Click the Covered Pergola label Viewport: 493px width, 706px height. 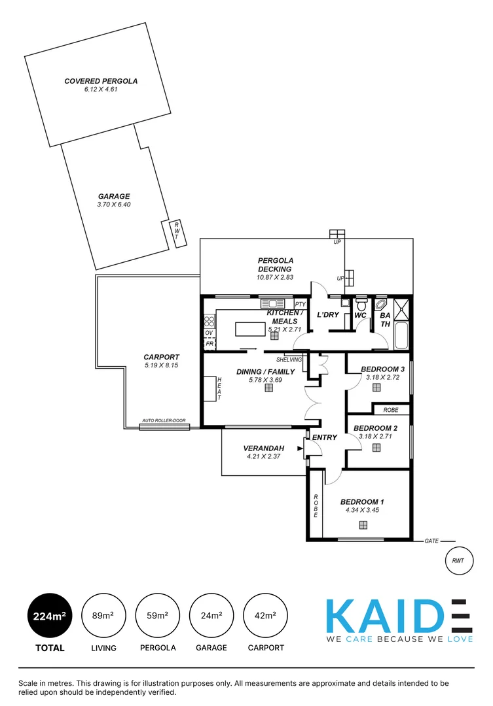click(x=101, y=81)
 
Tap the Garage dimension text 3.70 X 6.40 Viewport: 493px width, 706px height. click(x=114, y=205)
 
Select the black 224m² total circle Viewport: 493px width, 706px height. click(x=50, y=616)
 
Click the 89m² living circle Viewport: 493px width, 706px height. click(x=103, y=616)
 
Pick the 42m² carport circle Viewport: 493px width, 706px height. click(x=265, y=616)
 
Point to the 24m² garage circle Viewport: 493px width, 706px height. click(x=211, y=616)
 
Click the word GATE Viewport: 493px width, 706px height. click(x=431, y=541)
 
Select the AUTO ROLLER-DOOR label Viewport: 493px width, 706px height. click(x=164, y=421)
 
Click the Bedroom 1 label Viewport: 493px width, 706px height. click(x=362, y=502)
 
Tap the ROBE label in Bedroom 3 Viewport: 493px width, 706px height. click(x=390, y=410)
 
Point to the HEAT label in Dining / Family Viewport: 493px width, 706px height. click(x=219, y=389)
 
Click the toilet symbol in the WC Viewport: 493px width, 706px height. click(x=361, y=305)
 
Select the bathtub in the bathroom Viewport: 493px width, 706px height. click(x=402, y=335)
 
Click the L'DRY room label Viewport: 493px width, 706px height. click(x=327, y=315)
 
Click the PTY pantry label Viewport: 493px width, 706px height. click(x=300, y=305)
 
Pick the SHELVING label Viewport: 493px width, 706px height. click(x=289, y=360)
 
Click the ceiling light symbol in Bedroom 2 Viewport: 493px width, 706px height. click(x=376, y=448)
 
